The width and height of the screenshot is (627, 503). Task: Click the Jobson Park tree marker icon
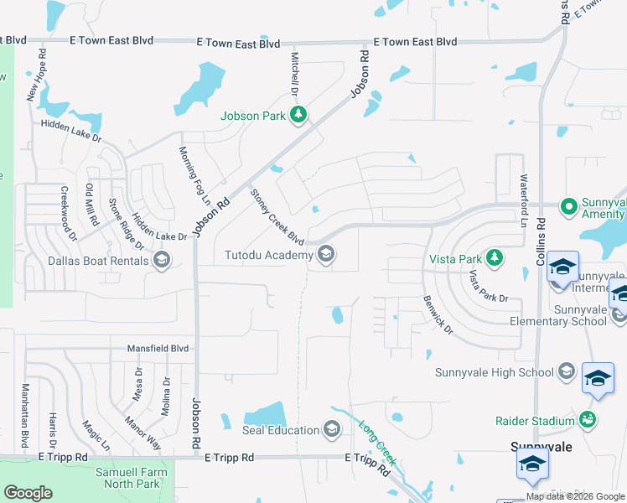298,116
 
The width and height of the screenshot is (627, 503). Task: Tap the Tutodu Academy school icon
326,253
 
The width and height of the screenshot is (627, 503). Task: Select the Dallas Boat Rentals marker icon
163,261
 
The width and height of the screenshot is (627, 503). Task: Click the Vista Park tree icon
495,257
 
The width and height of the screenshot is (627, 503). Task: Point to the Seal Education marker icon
331,430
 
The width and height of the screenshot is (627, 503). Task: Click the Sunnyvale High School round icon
567,372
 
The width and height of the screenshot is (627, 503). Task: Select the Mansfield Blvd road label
157,348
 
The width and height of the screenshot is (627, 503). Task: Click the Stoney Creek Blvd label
277,217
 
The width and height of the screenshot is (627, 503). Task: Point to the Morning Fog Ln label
194,177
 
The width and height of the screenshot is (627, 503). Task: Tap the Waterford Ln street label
523,200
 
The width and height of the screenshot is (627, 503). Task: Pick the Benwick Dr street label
438,314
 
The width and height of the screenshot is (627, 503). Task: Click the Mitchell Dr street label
294,75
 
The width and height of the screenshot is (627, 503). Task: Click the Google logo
28,493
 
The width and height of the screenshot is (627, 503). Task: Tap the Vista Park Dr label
489,287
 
